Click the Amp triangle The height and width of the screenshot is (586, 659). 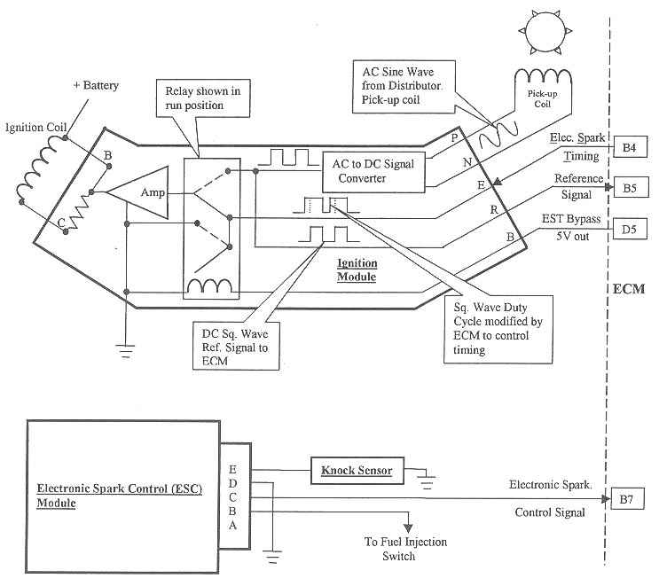point(145,192)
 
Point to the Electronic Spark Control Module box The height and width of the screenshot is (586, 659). point(122,496)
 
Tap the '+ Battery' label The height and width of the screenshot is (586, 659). point(95,86)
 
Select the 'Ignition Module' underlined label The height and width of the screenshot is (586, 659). point(357,270)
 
